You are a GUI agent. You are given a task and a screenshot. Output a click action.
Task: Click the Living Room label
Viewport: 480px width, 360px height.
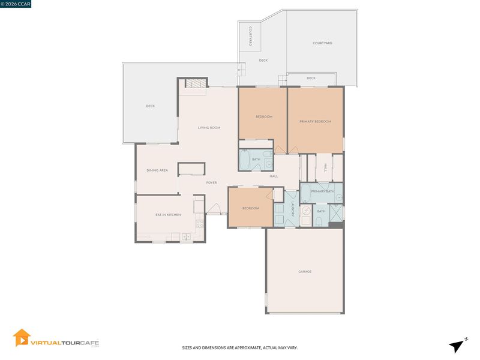coord(209,128)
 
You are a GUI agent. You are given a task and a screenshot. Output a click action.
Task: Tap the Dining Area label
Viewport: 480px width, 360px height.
coord(157,170)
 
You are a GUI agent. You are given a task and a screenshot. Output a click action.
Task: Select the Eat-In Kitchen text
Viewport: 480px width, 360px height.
coord(168,215)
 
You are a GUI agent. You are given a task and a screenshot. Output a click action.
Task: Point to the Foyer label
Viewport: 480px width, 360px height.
coord(212,182)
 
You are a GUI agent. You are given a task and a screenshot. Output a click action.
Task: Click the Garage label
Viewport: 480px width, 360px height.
coord(305,272)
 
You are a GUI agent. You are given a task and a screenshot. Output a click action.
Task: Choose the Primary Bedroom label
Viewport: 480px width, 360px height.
coord(316,122)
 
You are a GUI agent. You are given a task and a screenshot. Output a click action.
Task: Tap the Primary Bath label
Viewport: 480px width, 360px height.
coord(323,191)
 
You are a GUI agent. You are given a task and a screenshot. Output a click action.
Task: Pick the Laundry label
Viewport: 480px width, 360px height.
coord(293,209)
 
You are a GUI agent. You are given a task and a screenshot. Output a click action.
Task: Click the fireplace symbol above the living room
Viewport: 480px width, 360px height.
coord(196,83)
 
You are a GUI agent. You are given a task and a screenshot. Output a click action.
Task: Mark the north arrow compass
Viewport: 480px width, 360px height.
coord(457,346)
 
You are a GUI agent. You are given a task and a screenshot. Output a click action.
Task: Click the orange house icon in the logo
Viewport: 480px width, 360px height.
coord(22,338)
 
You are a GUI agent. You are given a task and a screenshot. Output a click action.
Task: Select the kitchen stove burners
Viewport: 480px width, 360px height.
coord(200,224)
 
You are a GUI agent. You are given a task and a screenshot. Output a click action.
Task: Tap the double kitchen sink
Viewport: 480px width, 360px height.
coord(186,236)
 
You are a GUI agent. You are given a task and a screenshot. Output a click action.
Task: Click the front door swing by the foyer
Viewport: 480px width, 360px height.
coord(214,208)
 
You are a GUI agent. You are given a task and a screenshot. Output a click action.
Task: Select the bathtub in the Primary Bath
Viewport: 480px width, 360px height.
coord(305,193)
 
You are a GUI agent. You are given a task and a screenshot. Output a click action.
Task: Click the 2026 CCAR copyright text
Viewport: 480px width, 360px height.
coord(16,4)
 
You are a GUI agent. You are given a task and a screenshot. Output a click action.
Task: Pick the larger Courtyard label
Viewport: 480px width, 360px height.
coord(322,43)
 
